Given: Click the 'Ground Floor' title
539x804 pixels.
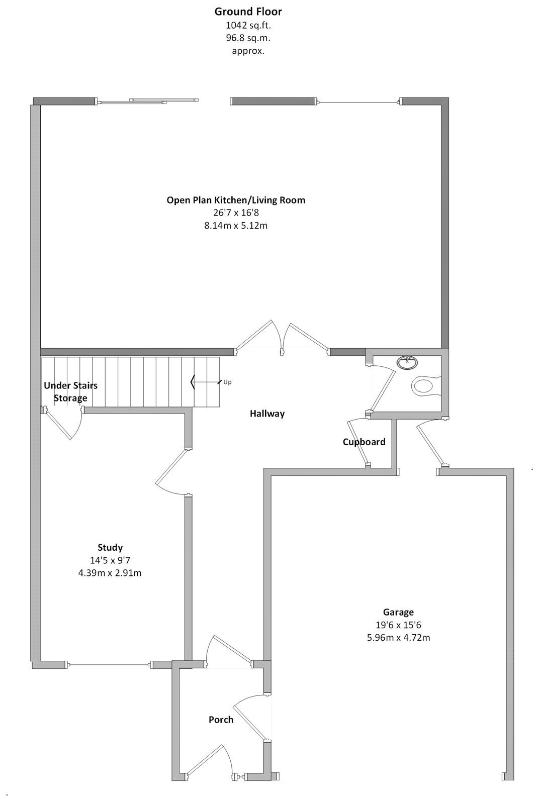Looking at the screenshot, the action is (x=248, y=12).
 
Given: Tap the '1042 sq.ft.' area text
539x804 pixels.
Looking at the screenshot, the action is (x=248, y=25).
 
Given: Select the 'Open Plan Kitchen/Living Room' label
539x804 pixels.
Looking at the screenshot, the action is (x=236, y=200).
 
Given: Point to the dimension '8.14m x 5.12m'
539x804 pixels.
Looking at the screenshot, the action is (x=236, y=226).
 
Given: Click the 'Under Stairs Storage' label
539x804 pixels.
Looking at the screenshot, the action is (x=71, y=391).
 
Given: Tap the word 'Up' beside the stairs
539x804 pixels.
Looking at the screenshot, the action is (x=227, y=382).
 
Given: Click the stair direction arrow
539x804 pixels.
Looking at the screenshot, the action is (x=206, y=382).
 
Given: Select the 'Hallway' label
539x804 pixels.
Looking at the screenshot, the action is (x=267, y=414).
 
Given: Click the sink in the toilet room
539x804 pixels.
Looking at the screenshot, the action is (x=407, y=362).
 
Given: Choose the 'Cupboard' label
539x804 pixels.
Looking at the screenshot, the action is (x=364, y=442).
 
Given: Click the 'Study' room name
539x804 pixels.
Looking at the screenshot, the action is (x=110, y=547).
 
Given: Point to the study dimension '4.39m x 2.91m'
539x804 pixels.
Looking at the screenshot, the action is (x=110, y=573).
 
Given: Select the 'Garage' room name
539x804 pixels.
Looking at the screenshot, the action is (x=398, y=612).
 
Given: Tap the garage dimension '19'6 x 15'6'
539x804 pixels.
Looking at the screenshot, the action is (x=398, y=625).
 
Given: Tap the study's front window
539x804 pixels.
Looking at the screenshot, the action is (x=109, y=665).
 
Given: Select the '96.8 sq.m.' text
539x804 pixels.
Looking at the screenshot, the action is (x=248, y=38).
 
